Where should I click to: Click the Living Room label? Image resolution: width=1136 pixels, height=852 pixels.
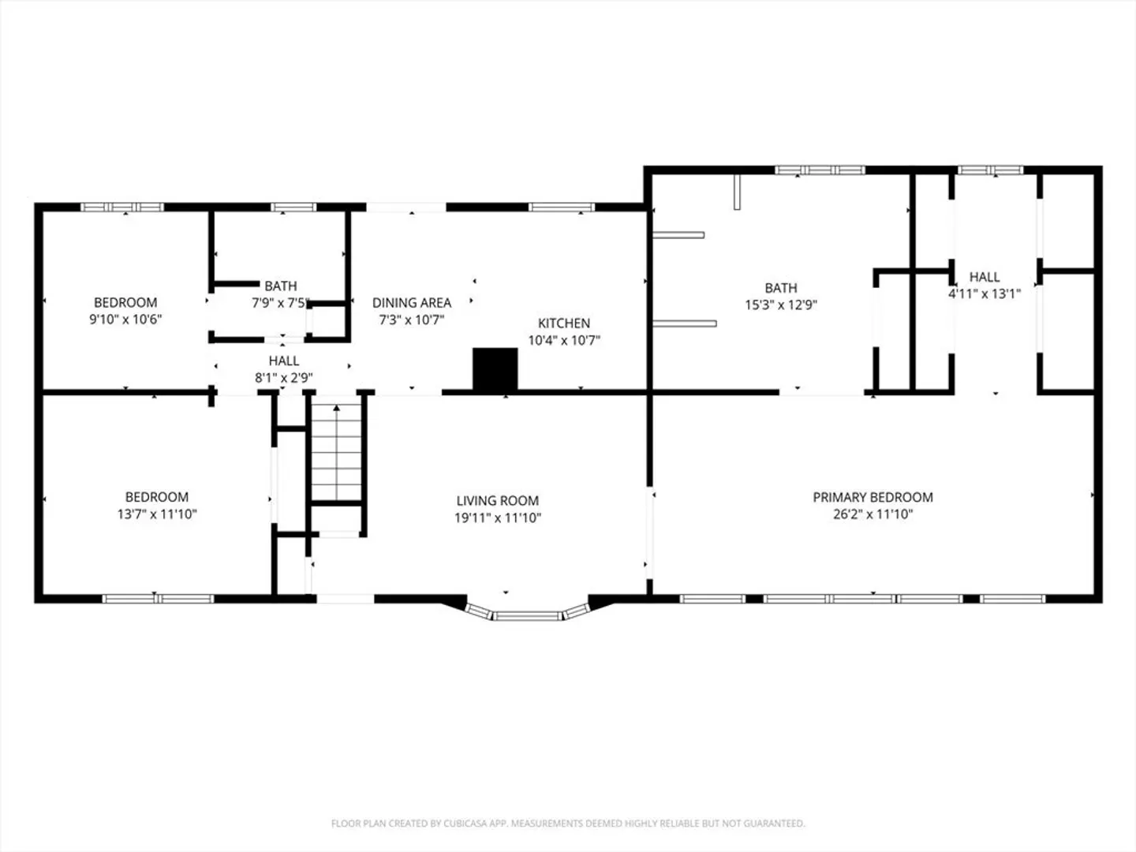(x=497, y=501)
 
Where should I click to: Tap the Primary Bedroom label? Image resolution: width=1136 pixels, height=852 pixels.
(x=873, y=497)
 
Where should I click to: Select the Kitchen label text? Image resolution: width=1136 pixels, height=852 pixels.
(x=563, y=323)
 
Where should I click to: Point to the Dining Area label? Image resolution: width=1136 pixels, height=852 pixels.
(x=412, y=303)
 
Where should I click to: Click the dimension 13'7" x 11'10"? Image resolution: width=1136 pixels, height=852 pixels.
(x=157, y=514)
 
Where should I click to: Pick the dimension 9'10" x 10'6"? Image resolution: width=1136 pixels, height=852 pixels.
(x=125, y=319)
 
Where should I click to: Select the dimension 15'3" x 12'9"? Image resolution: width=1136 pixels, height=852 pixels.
(x=781, y=305)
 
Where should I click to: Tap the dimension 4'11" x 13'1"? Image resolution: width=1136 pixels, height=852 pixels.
(x=985, y=294)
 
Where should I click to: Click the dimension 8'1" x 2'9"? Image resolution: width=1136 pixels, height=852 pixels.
(x=284, y=378)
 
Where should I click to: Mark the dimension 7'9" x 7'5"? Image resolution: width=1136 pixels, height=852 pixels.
(x=281, y=303)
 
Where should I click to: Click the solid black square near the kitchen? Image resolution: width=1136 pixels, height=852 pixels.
(x=495, y=369)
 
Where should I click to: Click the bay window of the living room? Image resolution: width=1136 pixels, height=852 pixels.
(x=527, y=614)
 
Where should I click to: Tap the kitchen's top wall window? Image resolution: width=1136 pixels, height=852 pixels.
(x=562, y=207)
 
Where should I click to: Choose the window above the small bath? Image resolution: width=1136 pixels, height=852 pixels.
(x=293, y=207)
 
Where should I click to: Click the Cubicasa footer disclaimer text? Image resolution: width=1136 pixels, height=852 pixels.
(x=568, y=823)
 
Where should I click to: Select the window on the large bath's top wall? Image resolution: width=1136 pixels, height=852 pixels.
(x=820, y=170)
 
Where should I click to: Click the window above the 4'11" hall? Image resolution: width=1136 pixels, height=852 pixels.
(x=991, y=170)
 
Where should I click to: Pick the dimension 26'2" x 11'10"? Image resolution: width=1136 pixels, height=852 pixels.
(x=873, y=514)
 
